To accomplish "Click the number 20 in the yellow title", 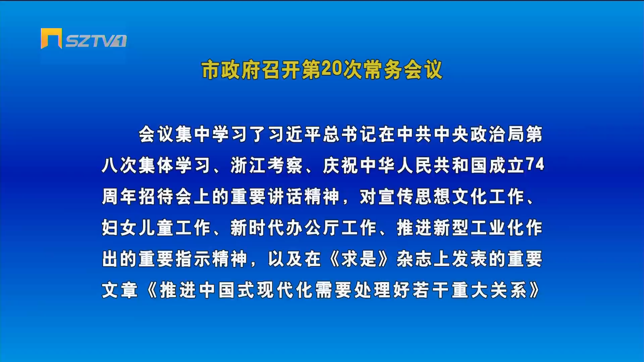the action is click(x=331, y=69).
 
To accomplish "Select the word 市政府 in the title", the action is click(x=231, y=70).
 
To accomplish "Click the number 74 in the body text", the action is click(x=535, y=165).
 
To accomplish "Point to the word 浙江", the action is click(x=249, y=165).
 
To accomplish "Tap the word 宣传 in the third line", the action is click(x=396, y=196).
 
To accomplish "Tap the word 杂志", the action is click(x=414, y=259).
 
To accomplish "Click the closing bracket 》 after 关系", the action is click(x=534, y=290).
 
